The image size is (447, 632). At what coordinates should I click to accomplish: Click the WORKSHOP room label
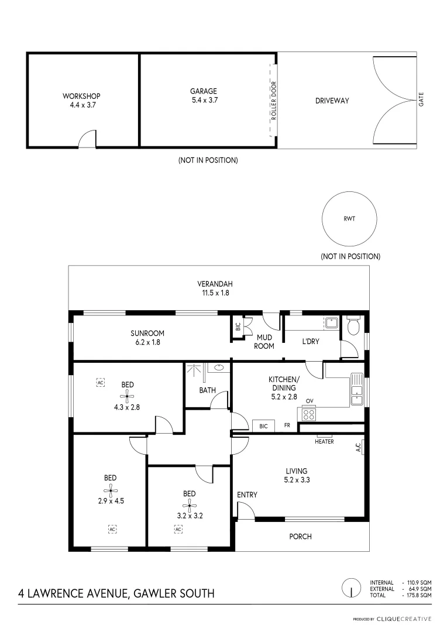pos(81,96)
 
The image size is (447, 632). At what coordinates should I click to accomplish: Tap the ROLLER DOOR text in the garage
pos(274,101)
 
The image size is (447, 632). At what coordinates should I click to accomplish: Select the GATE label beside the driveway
pos(421,99)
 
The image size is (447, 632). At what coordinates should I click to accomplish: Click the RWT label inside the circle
pos(349,218)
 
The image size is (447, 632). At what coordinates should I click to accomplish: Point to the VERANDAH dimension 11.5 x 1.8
pos(216,293)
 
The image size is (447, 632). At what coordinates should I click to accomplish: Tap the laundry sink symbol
pos(331,322)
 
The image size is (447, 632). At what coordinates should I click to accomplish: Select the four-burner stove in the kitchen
pos(309,414)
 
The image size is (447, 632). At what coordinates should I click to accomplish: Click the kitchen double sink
pos(356,389)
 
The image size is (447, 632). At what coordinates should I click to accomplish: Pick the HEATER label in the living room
pos(324,441)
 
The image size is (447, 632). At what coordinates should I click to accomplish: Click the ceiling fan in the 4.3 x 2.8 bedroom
pos(127,396)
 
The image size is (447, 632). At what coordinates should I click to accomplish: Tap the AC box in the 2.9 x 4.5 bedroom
pos(112,529)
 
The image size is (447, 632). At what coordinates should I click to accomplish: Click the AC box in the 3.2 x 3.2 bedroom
pos(178,529)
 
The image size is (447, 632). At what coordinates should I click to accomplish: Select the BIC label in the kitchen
pos(264,426)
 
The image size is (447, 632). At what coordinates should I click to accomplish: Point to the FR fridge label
pos(287,425)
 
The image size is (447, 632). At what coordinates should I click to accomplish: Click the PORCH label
pos(300,537)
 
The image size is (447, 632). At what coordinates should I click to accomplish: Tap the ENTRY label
pos(247,494)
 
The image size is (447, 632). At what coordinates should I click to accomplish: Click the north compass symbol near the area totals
pos(352,588)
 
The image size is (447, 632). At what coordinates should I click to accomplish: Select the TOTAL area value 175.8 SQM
pos(419,595)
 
